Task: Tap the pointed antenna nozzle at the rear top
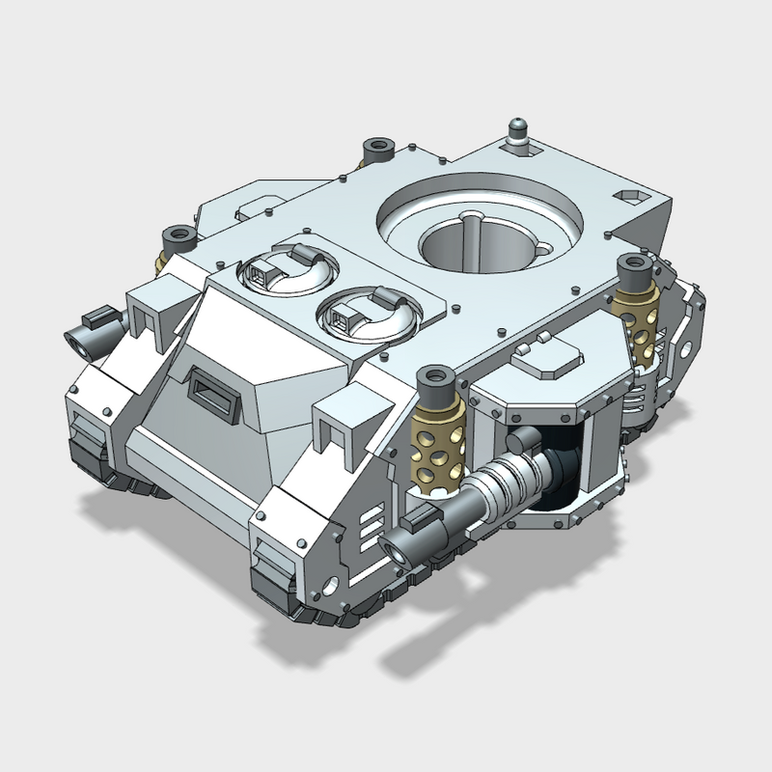pos(519,131)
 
